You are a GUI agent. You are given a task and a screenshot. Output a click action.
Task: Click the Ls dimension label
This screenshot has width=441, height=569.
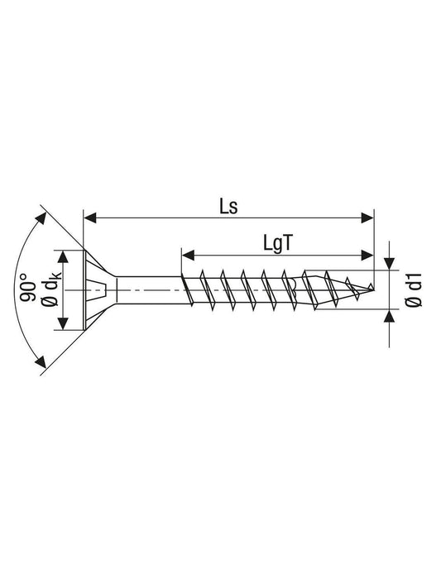(228, 207)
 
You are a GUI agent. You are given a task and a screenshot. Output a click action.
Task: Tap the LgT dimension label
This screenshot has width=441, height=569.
(277, 243)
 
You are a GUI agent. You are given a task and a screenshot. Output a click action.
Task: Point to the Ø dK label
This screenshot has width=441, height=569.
(50, 289)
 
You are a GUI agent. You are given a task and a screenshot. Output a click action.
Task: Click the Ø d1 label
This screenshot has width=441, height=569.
(415, 289)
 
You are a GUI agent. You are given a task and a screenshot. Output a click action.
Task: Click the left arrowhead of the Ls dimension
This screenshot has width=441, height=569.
(90, 218)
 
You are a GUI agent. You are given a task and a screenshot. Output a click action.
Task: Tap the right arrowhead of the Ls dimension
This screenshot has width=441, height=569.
(367, 218)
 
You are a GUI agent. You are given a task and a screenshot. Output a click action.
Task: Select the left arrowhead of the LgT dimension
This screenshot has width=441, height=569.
(188, 255)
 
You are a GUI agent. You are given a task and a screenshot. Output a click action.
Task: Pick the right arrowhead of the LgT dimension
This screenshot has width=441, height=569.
(367, 255)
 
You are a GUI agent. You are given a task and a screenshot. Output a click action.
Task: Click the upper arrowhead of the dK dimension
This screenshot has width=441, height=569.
(63, 257)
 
